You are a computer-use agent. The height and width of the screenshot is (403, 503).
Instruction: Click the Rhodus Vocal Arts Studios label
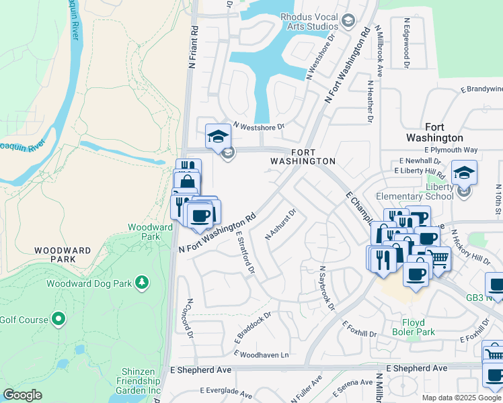304,21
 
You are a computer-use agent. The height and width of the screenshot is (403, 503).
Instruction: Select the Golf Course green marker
59,318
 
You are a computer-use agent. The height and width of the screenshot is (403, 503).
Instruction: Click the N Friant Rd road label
193,48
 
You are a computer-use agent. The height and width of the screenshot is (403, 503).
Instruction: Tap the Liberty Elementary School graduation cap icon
464,173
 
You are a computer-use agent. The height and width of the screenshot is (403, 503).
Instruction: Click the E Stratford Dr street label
245,252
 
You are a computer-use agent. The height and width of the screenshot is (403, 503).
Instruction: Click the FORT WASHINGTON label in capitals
303,157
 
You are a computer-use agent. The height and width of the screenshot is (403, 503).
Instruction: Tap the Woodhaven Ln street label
264,354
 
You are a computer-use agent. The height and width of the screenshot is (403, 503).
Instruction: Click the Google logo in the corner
22,395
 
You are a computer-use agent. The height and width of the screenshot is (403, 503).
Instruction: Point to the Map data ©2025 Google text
461,398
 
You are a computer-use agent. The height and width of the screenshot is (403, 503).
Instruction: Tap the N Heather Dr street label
370,102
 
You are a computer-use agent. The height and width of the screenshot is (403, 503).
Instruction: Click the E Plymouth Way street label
451,150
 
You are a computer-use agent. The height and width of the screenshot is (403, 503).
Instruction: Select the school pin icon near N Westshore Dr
218,137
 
